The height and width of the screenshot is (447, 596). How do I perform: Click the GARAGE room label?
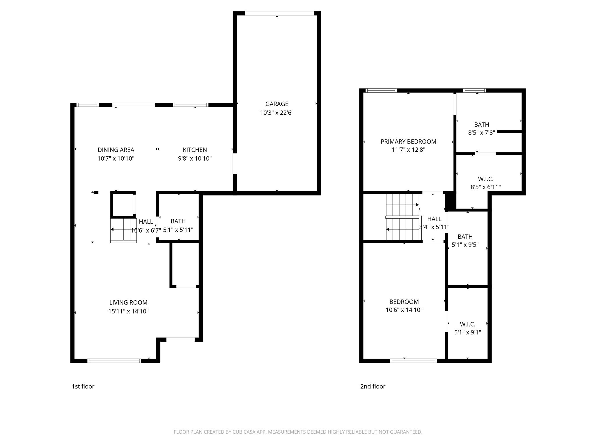click(x=276, y=104)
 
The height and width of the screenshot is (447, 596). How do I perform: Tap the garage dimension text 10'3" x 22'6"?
click(x=276, y=113)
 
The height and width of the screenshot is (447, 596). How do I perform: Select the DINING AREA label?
click(x=116, y=150)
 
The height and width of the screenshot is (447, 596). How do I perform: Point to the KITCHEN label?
click(x=195, y=150)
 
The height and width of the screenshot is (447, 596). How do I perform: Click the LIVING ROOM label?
click(x=128, y=303)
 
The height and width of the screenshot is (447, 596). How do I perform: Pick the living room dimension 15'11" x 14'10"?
click(x=128, y=311)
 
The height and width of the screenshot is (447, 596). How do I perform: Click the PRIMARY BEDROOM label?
click(x=408, y=142)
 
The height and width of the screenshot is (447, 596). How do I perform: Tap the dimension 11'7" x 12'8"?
click(x=408, y=150)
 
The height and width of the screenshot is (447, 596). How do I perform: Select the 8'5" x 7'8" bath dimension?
click(x=481, y=133)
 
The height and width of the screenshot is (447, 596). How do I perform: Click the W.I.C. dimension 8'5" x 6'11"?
click(x=485, y=187)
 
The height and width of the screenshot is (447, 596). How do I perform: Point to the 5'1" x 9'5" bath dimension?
click(x=465, y=245)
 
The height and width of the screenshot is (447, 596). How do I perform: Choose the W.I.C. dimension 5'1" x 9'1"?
click(x=467, y=332)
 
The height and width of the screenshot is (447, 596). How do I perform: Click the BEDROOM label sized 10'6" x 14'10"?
click(x=404, y=302)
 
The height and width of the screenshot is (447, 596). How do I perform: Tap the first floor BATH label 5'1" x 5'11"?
click(x=178, y=221)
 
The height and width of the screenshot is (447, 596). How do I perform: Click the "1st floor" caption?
click(x=83, y=386)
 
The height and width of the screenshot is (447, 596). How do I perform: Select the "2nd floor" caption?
click(x=372, y=386)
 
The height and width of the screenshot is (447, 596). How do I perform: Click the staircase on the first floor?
click(x=123, y=230)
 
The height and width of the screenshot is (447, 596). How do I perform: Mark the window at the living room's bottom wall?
click(x=114, y=361)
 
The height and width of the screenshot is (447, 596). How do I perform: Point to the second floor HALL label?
click(x=434, y=219)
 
